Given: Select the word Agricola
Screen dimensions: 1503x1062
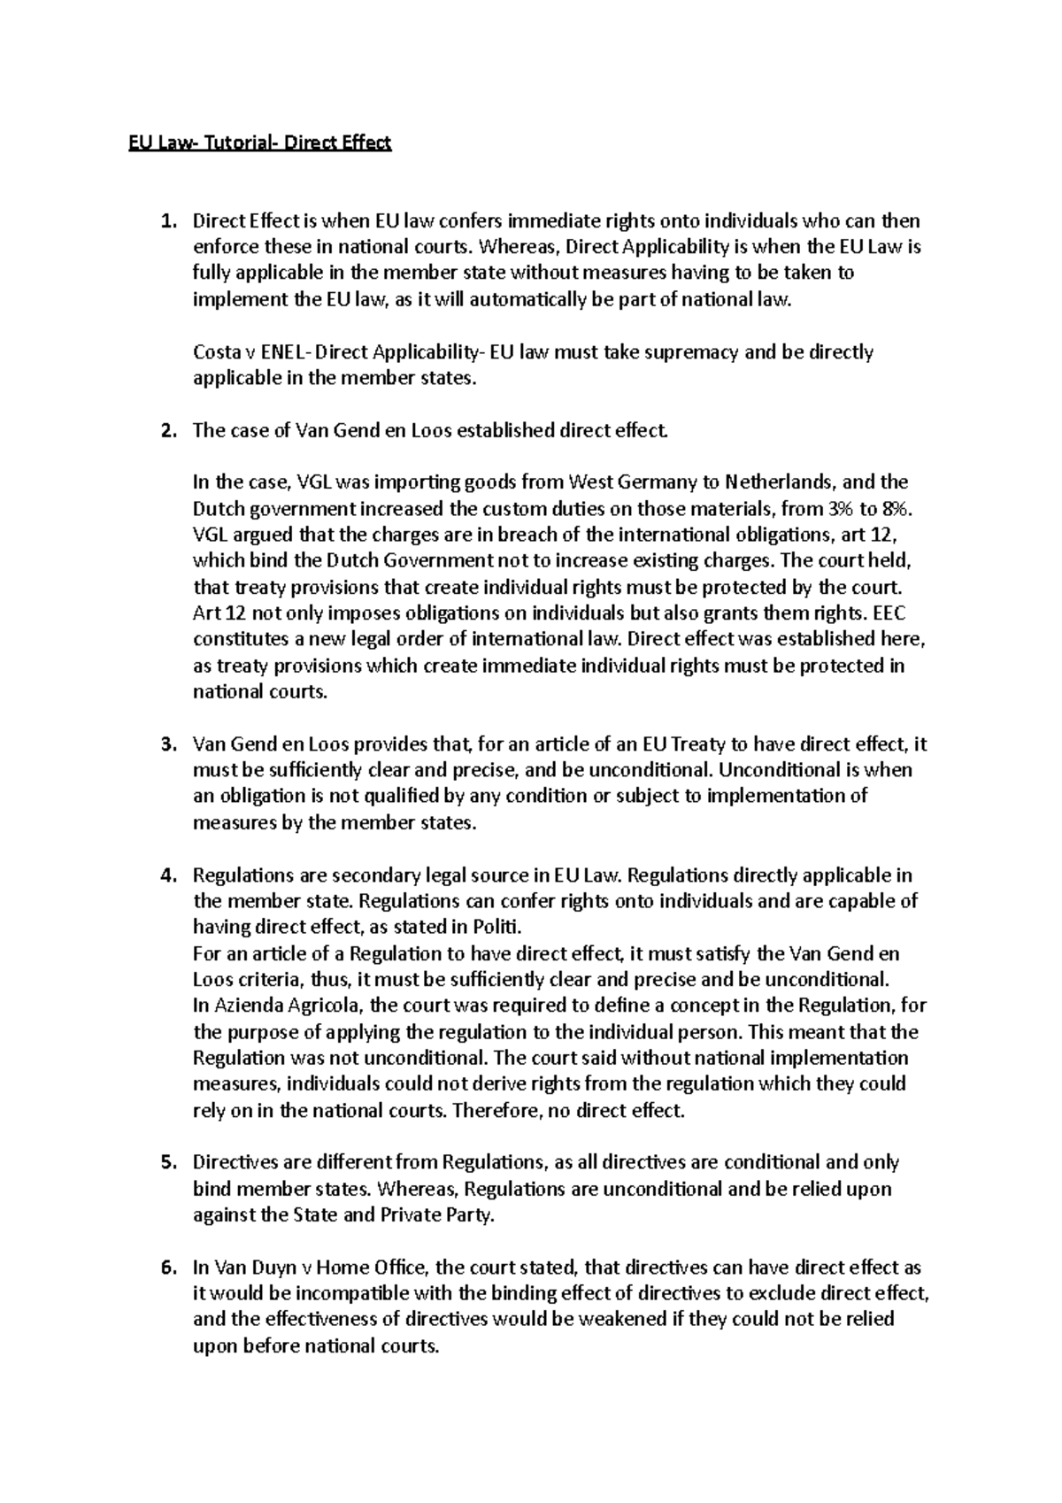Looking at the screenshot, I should click(323, 1006).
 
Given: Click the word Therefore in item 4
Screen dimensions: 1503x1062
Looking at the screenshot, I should click(495, 1110).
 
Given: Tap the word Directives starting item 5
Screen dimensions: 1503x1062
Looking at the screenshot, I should click(235, 1162).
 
